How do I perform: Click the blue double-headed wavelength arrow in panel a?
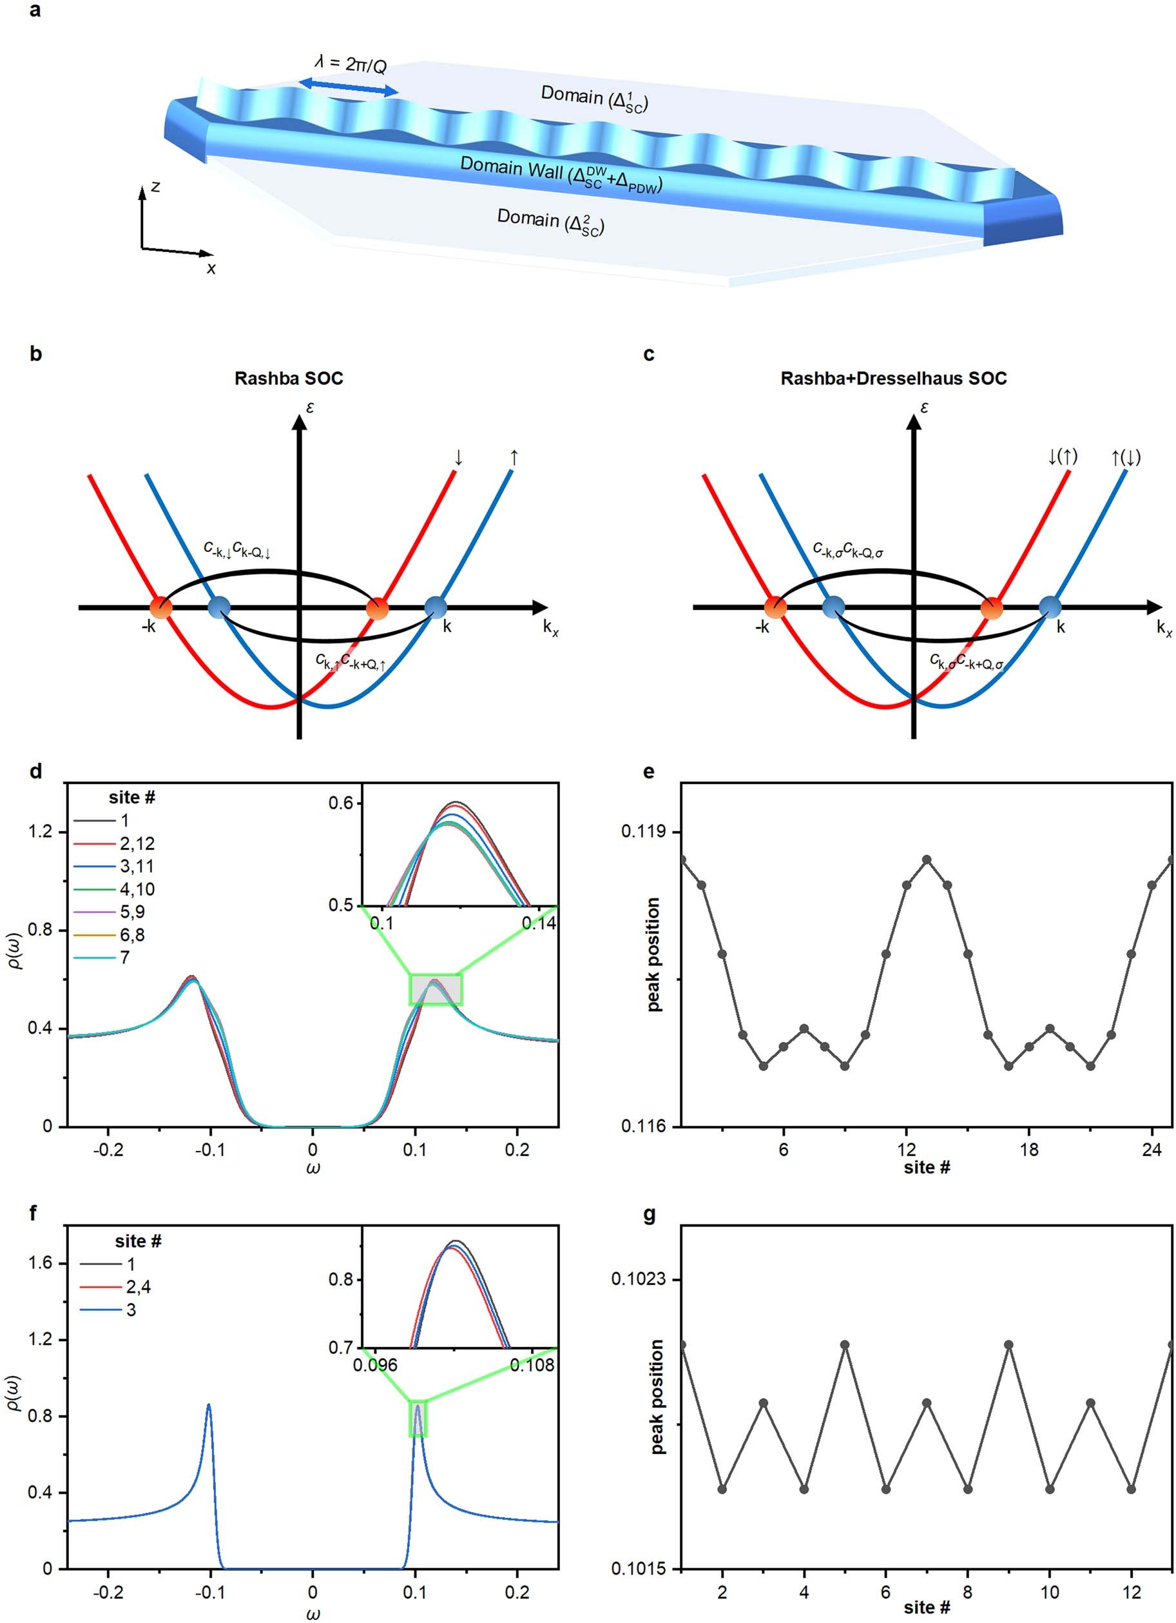348,87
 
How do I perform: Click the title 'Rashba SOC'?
288,378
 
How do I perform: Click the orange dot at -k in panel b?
160,607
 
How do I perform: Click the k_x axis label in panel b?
550,627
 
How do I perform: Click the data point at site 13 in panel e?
928,859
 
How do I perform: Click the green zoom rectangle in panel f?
418,1419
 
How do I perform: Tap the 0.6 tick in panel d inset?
340,803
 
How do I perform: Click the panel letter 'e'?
649,771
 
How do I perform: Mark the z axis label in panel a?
155,187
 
